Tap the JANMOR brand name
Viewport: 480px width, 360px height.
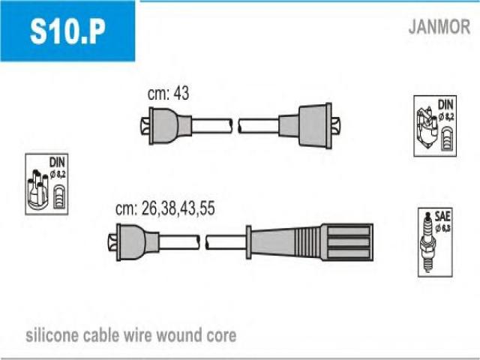pyautogui.click(x=439, y=27)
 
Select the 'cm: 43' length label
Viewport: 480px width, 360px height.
pyautogui.click(x=168, y=93)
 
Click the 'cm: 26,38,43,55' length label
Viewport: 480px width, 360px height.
pyautogui.click(x=165, y=208)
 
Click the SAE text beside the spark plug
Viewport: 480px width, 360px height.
pyautogui.click(x=442, y=217)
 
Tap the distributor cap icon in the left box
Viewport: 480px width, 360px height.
pyautogui.click(x=37, y=190)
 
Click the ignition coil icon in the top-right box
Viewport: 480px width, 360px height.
pyautogui.click(x=427, y=127)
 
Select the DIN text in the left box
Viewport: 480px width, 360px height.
pyautogui.click(x=57, y=162)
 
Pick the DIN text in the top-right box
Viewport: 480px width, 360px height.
pyautogui.click(x=445, y=105)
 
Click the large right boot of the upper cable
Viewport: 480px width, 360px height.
pyautogui.click(x=309, y=126)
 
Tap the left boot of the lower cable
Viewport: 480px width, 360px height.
pyautogui.click(x=133, y=242)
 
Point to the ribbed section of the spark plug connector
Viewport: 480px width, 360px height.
pyautogui.click(x=307, y=243)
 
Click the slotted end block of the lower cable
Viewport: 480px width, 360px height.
pyautogui.click(x=347, y=242)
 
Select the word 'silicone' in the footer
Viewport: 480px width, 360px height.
pyautogui.click(x=52, y=335)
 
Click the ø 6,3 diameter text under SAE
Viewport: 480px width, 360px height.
pyautogui.click(x=442, y=228)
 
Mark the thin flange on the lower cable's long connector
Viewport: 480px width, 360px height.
pyautogui.click(x=248, y=242)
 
